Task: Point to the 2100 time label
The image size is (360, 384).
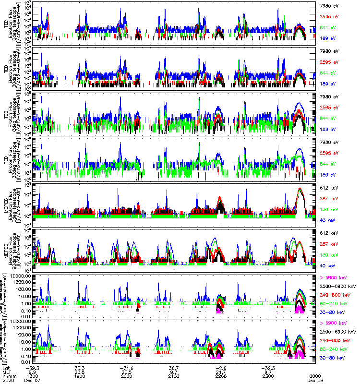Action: (173, 375)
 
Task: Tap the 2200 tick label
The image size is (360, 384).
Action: (220, 375)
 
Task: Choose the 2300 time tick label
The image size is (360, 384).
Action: (267, 375)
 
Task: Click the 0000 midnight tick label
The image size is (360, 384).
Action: (315, 375)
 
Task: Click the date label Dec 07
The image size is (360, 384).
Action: (31, 380)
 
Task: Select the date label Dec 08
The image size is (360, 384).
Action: (315, 380)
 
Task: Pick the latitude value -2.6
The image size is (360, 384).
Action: (220, 368)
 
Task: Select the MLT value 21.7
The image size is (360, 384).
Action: (220, 372)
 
